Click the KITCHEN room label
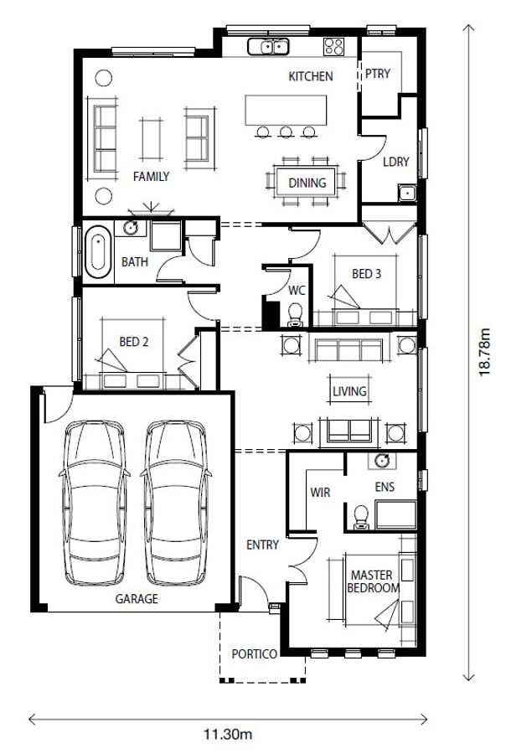[310, 76]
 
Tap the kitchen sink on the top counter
[268, 47]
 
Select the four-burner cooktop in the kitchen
[333, 47]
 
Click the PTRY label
[378, 74]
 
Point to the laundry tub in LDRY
[407, 193]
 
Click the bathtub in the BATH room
[98, 252]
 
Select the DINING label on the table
[307, 183]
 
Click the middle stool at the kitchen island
[286, 132]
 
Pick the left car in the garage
[95, 503]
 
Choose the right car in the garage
[176, 503]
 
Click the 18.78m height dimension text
[484, 352]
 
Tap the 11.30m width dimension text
[228, 734]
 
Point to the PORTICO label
[254, 654]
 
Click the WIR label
[320, 493]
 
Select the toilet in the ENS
[361, 517]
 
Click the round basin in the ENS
[382, 461]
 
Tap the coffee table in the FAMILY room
[151, 138]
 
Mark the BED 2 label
[134, 342]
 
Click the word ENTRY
[262, 545]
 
